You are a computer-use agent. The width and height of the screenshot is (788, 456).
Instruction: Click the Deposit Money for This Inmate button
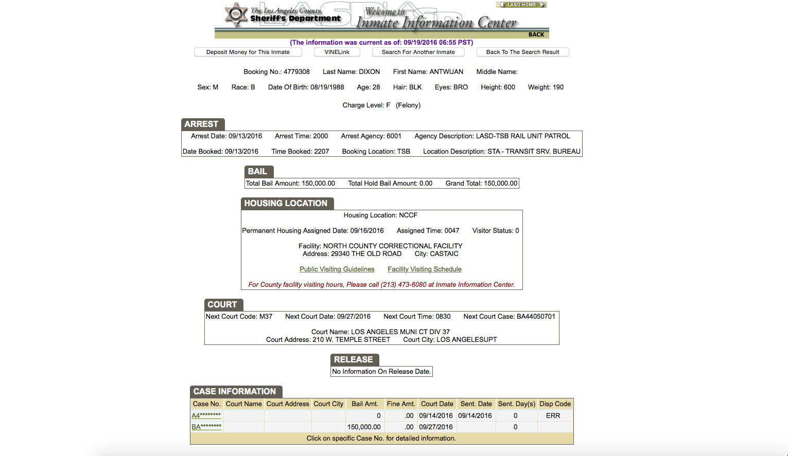click(x=248, y=52)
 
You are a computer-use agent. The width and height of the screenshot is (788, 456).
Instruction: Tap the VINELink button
click(x=337, y=52)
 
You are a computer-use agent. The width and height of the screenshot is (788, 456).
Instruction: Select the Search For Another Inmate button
click(x=418, y=52)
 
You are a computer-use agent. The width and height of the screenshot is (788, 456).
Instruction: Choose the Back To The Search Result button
click(x=522, y=52)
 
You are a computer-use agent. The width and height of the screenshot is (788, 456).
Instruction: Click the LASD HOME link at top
click(x=521, y=5)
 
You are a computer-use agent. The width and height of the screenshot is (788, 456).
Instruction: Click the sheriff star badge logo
click(x=236, y=15)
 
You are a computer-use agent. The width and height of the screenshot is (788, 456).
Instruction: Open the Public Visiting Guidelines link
click(x=337, y=269)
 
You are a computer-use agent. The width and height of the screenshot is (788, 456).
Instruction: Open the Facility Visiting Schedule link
click(x=425, y=269)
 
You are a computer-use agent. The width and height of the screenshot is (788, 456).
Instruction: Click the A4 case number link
click(x=206, y=415)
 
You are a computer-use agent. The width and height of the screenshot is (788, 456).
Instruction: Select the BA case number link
click(x=206, y=427)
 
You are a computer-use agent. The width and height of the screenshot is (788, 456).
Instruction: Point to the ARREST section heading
click(x=202, y=124)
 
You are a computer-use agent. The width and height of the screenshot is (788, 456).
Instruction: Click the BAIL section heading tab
click(x=258, y=171)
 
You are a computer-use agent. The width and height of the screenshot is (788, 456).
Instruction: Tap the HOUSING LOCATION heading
click(x=286, y=203)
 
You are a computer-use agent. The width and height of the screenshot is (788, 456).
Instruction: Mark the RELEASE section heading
click(x=354, y=359)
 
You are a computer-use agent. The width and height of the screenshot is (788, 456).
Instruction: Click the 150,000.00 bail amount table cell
click(x=364, y=427)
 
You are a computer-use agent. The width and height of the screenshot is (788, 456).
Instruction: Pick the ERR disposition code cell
click(x=553, y=415)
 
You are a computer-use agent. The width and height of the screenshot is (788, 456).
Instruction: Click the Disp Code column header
click(x=555, y=404)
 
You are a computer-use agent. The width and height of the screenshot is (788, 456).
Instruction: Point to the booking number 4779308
click(x=296, y=72)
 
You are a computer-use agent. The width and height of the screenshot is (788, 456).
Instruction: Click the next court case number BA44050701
click(x=536, y=317)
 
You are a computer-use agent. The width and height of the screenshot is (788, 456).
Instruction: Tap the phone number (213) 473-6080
click(x=404, y=285)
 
